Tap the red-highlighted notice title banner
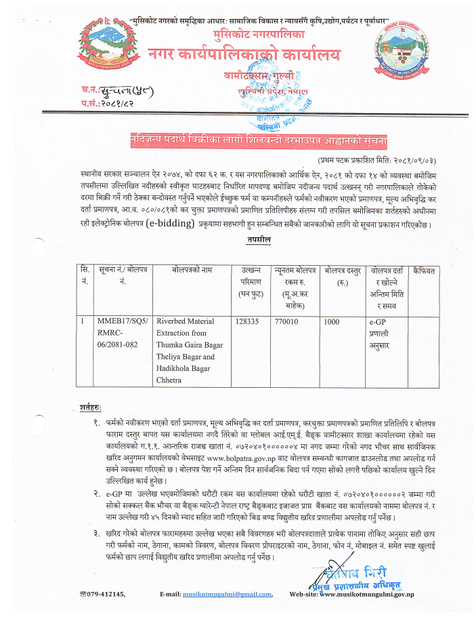tap(259, 141)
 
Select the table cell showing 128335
tap(248, 322)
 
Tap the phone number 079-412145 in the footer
tap(106, 594)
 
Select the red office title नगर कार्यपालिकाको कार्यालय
tap(245, 56)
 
